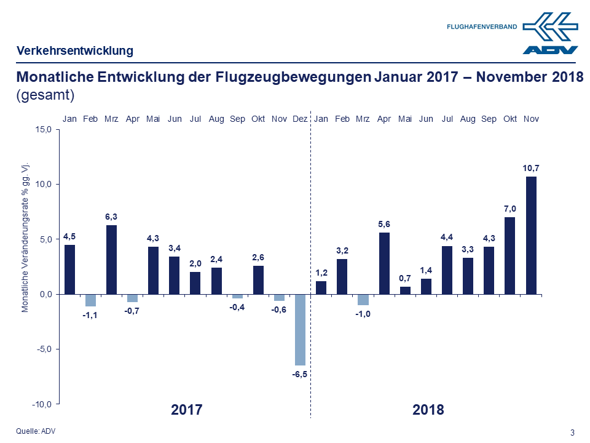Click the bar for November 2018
(x=530, y=235)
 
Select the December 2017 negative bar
(x=300, y=330)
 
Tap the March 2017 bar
(x=111, y=259)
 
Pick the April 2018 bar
(x=384, y=263)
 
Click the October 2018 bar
(x=509, y=255)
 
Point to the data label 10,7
(x=530, y=167)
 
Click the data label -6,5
(x=300, y=374)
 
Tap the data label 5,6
(x=384, y=224)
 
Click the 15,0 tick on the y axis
(x=44, y=129)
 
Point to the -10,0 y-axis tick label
(x=43, y=404)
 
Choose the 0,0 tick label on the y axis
(x=46, y=294)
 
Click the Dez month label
(x=300, y=118)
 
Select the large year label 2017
(x=186, y=410)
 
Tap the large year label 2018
(x=428, y=410)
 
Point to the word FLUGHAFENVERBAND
(x=482, y=27)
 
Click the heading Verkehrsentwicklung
(x=74, y=51)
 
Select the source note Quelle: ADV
(x=35, y=431)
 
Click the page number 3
(x=572, y=433)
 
